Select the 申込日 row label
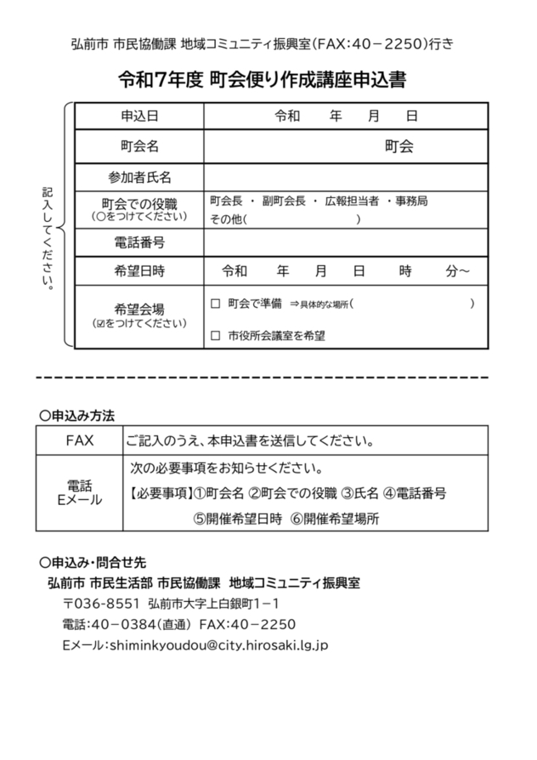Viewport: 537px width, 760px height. click(x=139, y=116)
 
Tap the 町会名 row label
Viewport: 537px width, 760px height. click(x=139, y=146)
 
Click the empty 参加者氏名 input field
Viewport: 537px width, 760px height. click(x=345, y=177)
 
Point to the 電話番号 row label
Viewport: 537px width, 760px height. click(x=139, y=242)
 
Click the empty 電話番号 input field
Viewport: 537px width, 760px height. click(x=345, y=242)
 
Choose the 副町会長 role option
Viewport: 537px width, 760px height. click(x=285, y=201)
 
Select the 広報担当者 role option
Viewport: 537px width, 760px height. click(x=349, y=201)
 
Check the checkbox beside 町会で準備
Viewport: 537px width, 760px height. click(x=215, y=303)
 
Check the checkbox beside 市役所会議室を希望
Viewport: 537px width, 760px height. click(x=215, y=336)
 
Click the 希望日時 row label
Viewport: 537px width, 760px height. click(x=139, y=271)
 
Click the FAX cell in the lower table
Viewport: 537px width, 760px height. click(x=79, y=441)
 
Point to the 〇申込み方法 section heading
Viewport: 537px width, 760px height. click(x=77, y=415)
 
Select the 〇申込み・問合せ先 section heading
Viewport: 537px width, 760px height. click(x=93, y=563)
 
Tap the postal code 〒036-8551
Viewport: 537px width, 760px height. click(x=100, y=604)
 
